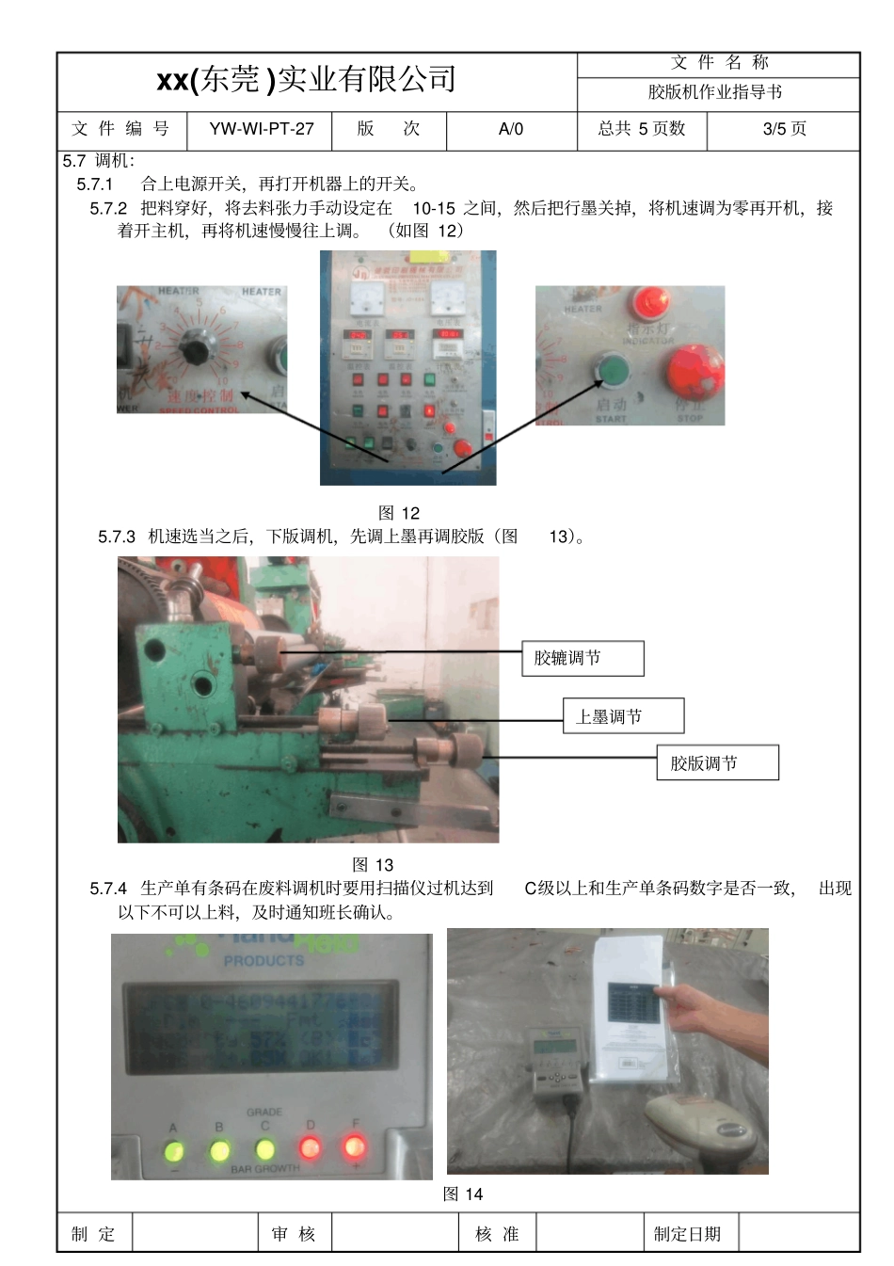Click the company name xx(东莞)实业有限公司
point(307,81)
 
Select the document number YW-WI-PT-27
point(261,129)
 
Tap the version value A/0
point(511,129)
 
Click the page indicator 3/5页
point(784,129)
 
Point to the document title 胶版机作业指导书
point(715,92)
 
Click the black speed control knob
point(195,352)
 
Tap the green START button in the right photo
point(613,370)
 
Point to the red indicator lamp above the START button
point(650,302)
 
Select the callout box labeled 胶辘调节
point(583,658)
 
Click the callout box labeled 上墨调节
point(623,716)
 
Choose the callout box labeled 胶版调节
point(717,762)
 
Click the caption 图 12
point(398,513)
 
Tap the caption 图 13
point(373,864)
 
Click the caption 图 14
point(462,1194)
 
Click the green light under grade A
point(173,1150)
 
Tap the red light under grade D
point(310,1147)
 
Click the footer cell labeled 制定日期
point(687,1233)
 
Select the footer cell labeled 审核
point(294,1233)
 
